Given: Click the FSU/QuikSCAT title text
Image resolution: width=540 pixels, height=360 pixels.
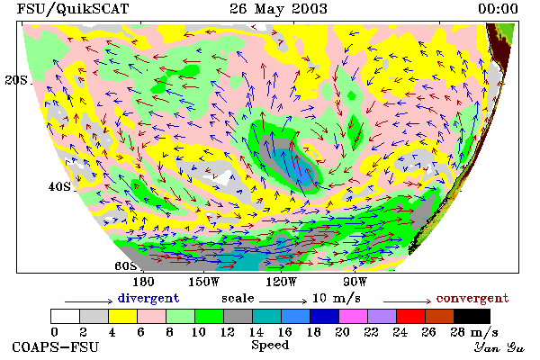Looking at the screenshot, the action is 73,9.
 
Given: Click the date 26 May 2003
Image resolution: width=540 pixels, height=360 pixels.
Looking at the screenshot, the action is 278,9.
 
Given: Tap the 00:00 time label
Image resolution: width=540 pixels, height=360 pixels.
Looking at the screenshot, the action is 498,9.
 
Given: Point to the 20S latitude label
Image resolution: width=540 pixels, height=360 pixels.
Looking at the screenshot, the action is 16,80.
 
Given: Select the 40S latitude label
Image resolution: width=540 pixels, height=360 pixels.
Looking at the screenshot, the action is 59,186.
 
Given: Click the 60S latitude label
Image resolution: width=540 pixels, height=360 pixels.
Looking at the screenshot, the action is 125,265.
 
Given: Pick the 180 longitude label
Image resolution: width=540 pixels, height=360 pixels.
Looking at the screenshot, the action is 143,282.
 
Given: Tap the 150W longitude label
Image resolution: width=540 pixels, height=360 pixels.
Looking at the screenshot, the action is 204,282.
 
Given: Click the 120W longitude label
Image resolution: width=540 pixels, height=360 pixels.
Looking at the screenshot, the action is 281,282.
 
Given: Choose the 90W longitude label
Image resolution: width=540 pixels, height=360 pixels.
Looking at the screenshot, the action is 355,282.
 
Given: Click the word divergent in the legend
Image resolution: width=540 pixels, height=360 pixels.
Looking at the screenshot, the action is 148,298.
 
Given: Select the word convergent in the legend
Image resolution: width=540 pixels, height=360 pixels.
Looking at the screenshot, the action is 472,298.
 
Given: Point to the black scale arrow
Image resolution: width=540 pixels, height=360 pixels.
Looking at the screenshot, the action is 283,301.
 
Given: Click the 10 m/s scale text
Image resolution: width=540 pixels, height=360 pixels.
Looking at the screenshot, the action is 336,298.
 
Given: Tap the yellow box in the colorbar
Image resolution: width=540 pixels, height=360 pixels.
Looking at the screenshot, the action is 123,316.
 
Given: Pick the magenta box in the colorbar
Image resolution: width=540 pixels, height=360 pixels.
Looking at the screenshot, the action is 354,316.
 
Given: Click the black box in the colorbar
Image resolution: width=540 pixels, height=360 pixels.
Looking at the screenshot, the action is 472,316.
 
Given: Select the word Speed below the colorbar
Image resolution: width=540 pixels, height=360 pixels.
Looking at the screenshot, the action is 270,346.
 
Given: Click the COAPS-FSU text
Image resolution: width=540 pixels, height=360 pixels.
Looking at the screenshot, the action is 56,347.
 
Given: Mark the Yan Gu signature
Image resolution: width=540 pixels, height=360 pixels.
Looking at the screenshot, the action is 499,347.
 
